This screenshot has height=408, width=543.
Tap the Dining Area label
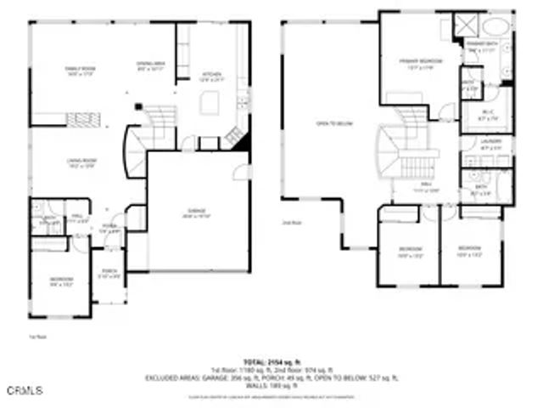coord(150,66)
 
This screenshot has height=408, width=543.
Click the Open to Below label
coord(333,123)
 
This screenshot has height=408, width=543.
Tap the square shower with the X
coord(466,24)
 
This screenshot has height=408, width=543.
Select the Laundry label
coord(491,144)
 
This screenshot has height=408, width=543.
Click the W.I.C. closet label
coord(488,114)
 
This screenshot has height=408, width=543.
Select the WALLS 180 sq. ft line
coord(271,386)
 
